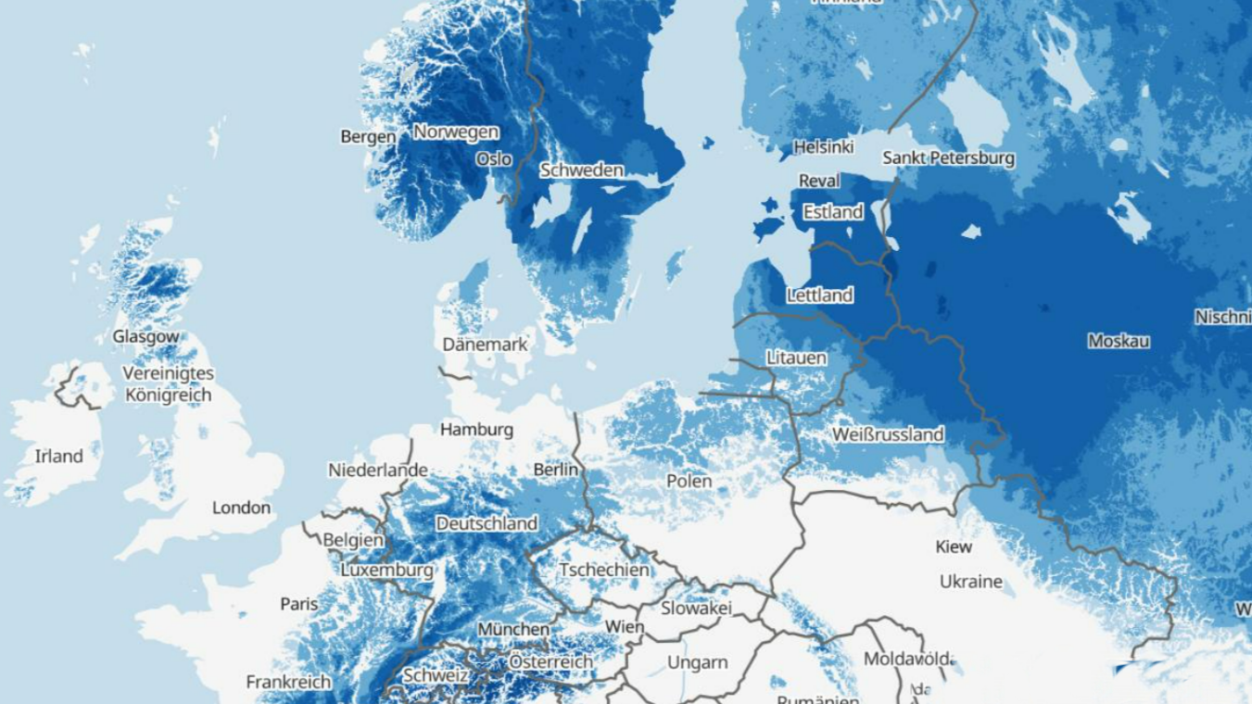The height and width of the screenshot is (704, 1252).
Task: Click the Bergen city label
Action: [x=368, y=137]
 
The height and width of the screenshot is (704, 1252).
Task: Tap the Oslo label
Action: [x=493, y=159]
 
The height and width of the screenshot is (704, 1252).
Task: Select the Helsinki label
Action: [x=823, y=148]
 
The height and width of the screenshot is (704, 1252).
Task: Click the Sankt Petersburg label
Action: [x=948, y=158]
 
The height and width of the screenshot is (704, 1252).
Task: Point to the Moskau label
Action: [x=1118, y=342]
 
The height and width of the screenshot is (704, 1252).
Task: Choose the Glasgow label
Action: [x=145, y=337]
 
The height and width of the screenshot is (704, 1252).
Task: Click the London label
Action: [x=241, y=508]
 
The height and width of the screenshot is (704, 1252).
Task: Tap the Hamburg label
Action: [x=476, y=430]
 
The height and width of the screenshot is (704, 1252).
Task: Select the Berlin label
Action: [x=556, y=471]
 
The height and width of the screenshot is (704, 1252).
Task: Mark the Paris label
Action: [x=298, y=604]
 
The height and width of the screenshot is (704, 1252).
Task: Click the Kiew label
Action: [x=954, y=547]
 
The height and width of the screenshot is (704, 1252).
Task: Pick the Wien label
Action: [x=624, y=627]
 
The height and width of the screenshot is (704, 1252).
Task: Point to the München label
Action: [x=513, y=630]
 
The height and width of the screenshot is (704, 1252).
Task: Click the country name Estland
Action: [x=832, y=212]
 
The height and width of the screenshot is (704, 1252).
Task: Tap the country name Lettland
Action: [x=819, y=295]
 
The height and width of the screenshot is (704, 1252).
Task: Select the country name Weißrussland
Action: [x=888, y=434]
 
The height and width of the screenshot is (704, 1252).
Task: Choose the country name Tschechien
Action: [x=604, y=570]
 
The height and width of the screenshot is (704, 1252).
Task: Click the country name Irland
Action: [x=58, y=456]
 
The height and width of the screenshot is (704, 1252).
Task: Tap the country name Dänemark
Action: [x=485, y=345]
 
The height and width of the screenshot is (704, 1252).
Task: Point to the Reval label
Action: [x=819, y=181]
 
